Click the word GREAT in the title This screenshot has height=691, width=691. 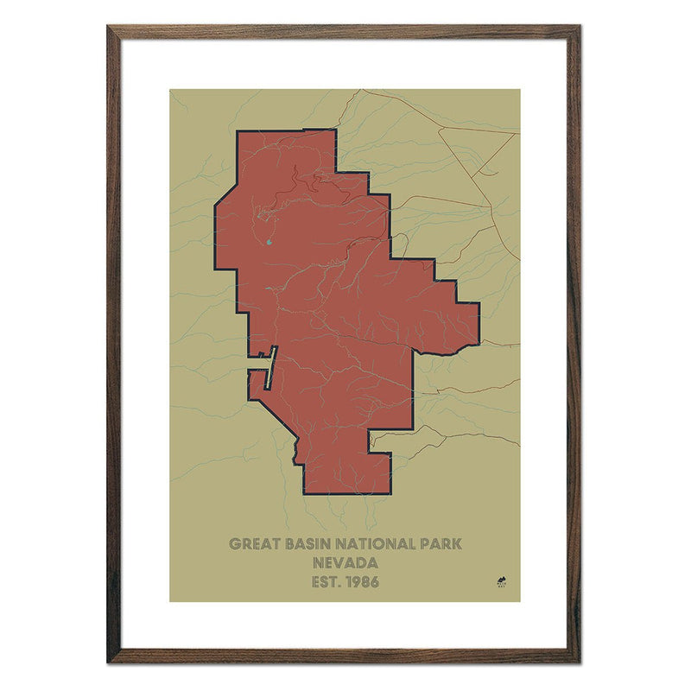[x=252, y=544]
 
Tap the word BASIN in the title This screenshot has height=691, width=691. [x=308, y=544]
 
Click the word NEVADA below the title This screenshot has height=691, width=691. [x=345, y=563]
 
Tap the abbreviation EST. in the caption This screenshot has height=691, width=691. [x=326, y=581]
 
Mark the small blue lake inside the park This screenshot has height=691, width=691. [x=269, y=243]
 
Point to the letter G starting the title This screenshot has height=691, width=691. [x=234, y=544]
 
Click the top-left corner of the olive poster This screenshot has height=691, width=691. [x=170, y=90]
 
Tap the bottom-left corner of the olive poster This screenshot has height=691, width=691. [x=170, y=601]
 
